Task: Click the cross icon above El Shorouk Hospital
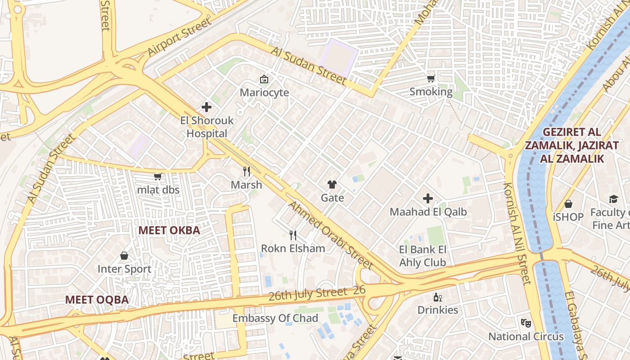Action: pos(207,107)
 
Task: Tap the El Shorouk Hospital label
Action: pos(207,127)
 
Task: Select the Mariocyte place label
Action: pos(264,93)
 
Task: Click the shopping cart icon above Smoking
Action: pos(431,78)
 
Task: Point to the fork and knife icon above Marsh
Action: pos(246,171)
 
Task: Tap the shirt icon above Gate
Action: pos(332,184)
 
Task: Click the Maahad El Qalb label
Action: pos(428,211)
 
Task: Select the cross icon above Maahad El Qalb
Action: pos(428,198)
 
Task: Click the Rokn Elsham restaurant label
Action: pos(293,248)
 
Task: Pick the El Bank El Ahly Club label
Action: pos(423,256)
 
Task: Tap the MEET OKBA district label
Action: pos(169,230)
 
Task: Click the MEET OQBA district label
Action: pos(97,300)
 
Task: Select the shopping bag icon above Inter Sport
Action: pos(124,256)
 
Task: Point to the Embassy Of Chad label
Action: pos(275,318)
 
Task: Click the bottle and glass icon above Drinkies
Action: pos(437,297)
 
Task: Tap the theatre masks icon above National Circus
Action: pos(526,323)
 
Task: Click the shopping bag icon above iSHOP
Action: pos(568,204)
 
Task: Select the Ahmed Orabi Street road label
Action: pos(330,235)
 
